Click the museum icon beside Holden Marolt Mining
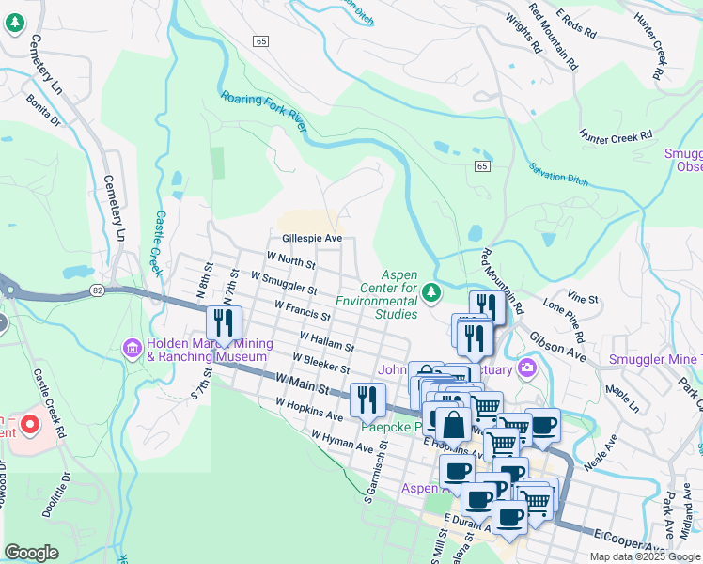coord(132,350)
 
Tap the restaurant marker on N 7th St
coord(224,323)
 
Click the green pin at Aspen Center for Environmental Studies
coord(431,293)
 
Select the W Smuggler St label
coord(285,283)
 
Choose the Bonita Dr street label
coord(43,110)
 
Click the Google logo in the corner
coord(31,553)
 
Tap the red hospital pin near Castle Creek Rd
coord(29,425)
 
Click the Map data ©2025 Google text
coord(643,556)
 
